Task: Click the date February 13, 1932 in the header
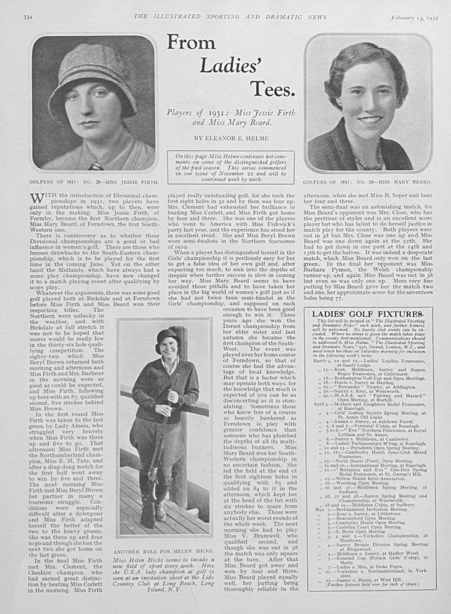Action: pyautogui.click(x=414, y=17)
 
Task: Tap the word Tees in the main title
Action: pyautogui.click(x=272, y=89)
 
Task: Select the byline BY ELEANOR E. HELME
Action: pyautogui.click(x=231, y=138)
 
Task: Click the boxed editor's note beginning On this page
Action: pyautogui.click(x=231, y=167)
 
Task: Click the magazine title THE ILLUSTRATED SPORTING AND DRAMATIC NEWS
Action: pyautogui.click(x=230, y=17)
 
